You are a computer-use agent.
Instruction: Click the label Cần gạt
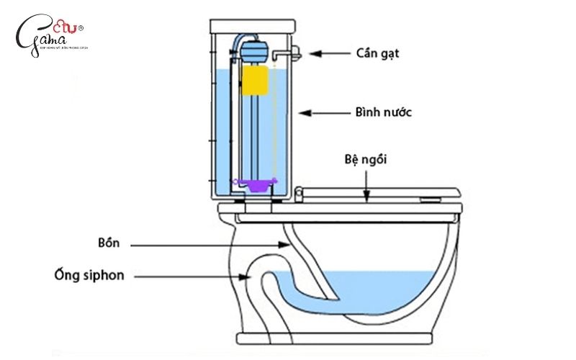[377, 53]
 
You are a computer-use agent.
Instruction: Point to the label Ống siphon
[84, 275]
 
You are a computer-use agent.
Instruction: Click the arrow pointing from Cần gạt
[332, 53]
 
